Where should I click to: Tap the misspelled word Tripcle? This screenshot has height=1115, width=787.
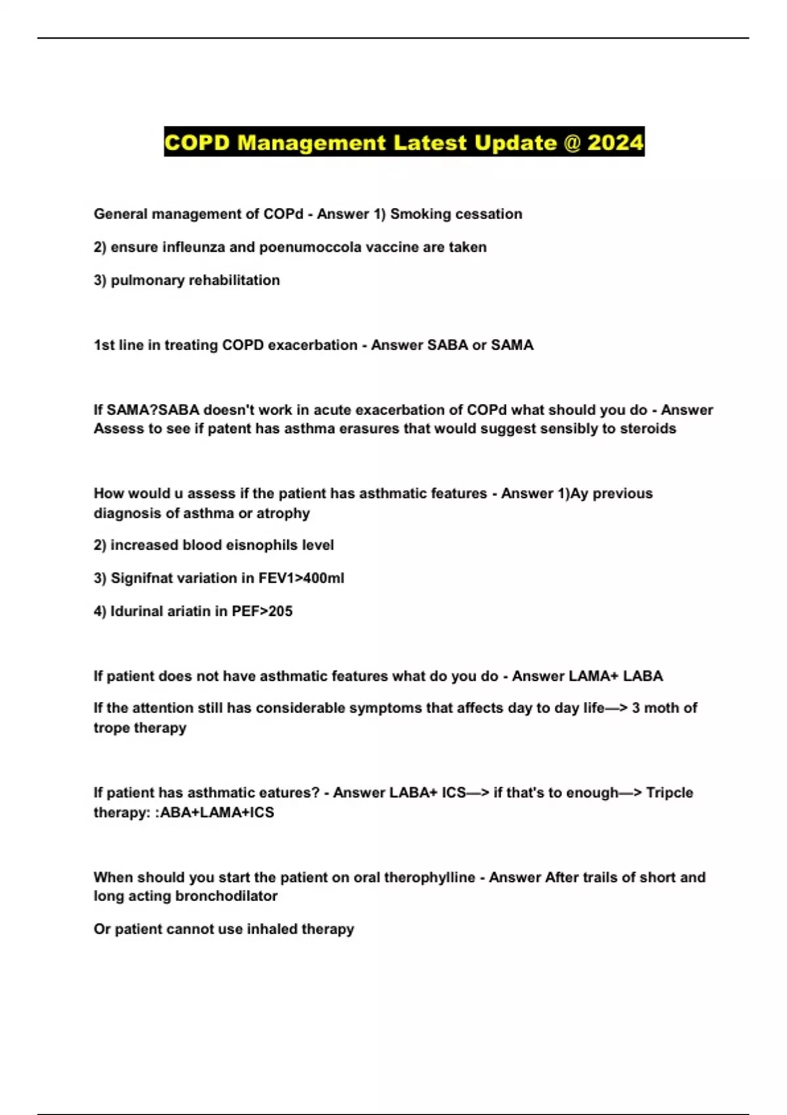coord(670,792)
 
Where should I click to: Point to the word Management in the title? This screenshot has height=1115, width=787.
coord(312,142)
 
